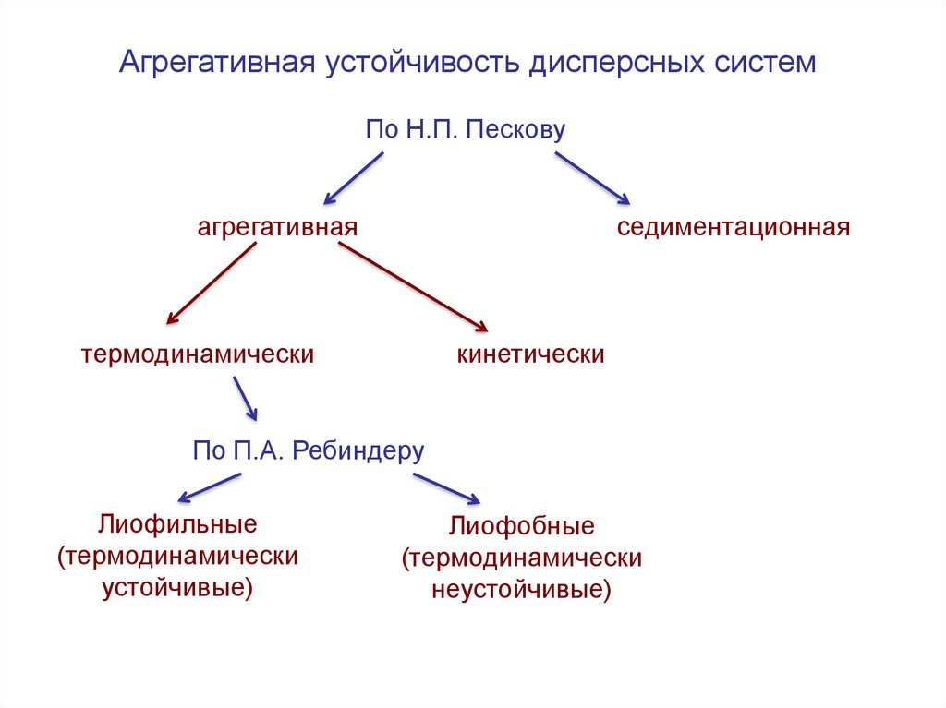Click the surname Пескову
(x=515, y=129)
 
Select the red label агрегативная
(x=277, y=227)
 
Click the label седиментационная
(x=734, y=227)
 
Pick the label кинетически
(x=530, y=354)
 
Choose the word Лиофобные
(x=522, y=527)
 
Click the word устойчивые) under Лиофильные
(x=177, y=587)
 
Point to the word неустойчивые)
(x=522, y=590)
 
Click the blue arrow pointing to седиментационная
(x=591, y=177)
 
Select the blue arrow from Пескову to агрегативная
(x=353, y=177)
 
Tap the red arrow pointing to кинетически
(x=412, y=285)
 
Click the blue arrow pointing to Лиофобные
(x=446, y=488)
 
